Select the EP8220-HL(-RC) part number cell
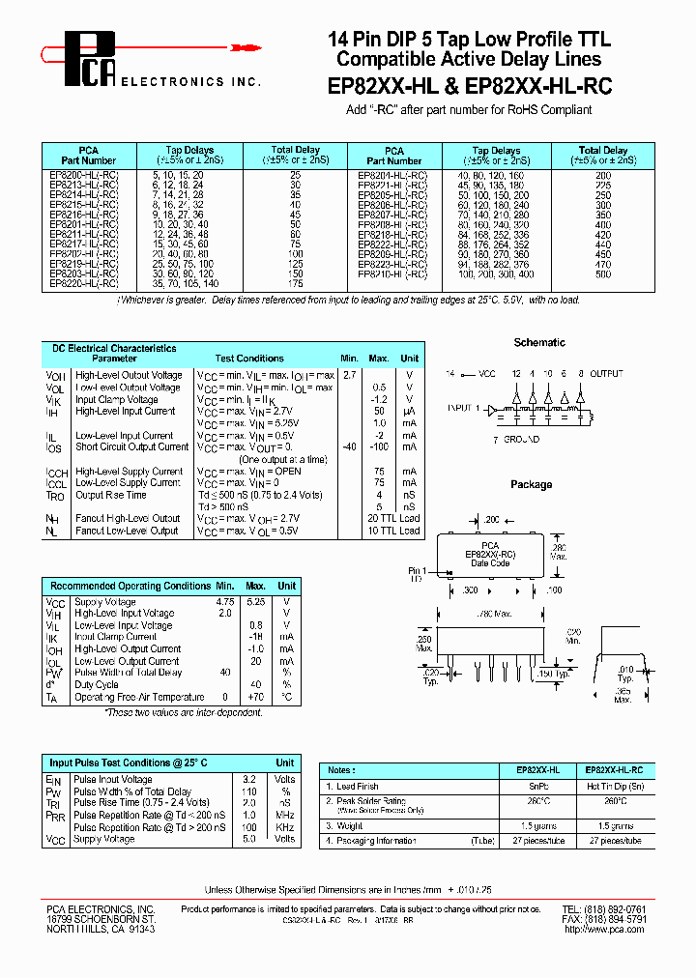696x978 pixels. pos(84,285)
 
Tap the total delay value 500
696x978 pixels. pos(603,275)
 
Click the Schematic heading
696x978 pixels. pos(539,343)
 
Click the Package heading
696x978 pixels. pos(531,484)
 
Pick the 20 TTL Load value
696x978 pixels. pos(394,519)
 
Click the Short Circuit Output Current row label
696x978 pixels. pos(132,447)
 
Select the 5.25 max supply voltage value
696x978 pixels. pos(256,601)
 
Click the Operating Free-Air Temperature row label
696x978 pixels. pos(140,697)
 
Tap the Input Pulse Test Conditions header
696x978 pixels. pos(129,763)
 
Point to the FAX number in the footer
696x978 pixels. pos(604,919)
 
